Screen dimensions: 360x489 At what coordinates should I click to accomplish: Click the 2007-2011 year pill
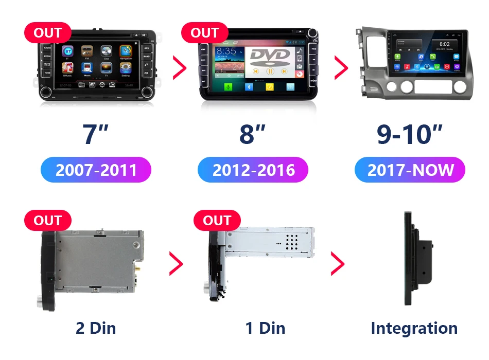[96, 170]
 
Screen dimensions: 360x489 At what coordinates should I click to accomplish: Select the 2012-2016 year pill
[253, 170]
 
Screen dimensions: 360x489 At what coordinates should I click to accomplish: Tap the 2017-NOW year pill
[410, 170]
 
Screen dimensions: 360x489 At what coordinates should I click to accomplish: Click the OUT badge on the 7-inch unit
[47, 33]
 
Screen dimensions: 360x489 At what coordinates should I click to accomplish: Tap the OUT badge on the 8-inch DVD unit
[204, 33]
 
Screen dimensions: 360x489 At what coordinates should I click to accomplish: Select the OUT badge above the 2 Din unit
[47, 221]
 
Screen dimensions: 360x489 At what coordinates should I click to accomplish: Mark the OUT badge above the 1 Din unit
[217, 221]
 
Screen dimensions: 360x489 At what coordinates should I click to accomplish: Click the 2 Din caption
[96, 328]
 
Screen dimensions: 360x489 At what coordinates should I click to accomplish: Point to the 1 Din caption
[265, 328]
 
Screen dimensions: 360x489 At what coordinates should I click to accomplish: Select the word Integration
[414, 328]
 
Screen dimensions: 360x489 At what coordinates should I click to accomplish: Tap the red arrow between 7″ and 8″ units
[179, 67]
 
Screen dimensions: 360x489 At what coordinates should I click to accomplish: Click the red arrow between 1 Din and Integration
[337, 264]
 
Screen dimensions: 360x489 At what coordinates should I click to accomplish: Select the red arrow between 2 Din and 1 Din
[176, 264]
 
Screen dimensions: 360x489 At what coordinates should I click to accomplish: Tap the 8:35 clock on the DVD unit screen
[227, 51]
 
